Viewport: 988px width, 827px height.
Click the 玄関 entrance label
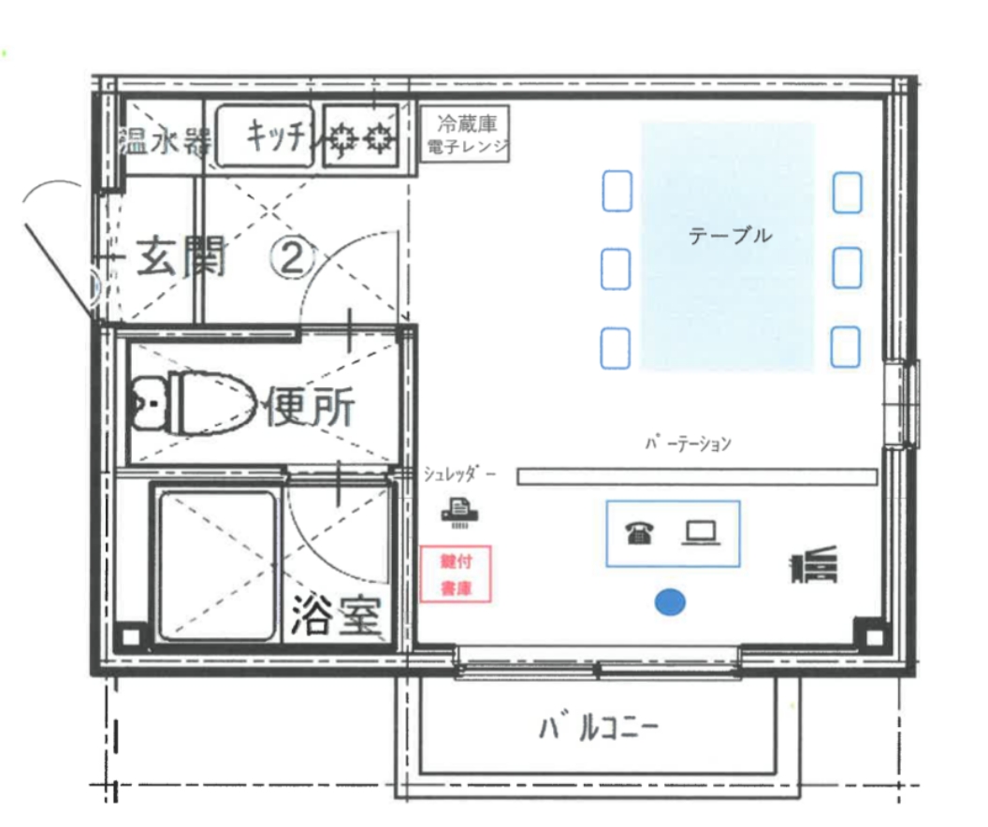pyautogui.click(x=181, y=257)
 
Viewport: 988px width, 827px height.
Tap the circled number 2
pyautogui.click(x=292, y=257)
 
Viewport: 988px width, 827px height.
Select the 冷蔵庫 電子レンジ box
pyautogui.click(x=465, y=134)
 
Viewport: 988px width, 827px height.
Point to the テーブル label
pyautogui.click(x=730, y=236)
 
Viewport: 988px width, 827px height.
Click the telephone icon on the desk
pyautogui.click(x=640, y=533)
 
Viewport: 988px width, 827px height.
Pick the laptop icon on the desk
pyautogui.click(x=701, y=533)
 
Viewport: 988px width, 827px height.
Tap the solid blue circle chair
pyautogui.click(x=670, y=602)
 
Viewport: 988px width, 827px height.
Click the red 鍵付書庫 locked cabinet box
pyautogui.click(x=456, y=574)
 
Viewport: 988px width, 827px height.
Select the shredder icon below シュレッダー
pyautogui.click(x=459, y=512)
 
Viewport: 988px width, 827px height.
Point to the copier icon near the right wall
pyautogui.click(x=814, y=564)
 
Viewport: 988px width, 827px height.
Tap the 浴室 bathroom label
pyautogui.click(x=337, y=615)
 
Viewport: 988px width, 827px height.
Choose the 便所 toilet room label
pyautogui.click(x=310, y=405)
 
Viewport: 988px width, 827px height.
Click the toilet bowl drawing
pyautogui.click(x=193, y=404)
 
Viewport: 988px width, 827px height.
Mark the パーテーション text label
pyautogui.click(x=688, y=443)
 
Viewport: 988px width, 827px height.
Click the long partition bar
pyautogui.click(x=697, y=476)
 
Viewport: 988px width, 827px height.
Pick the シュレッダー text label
pyautogui.click(x=459, y=473)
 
